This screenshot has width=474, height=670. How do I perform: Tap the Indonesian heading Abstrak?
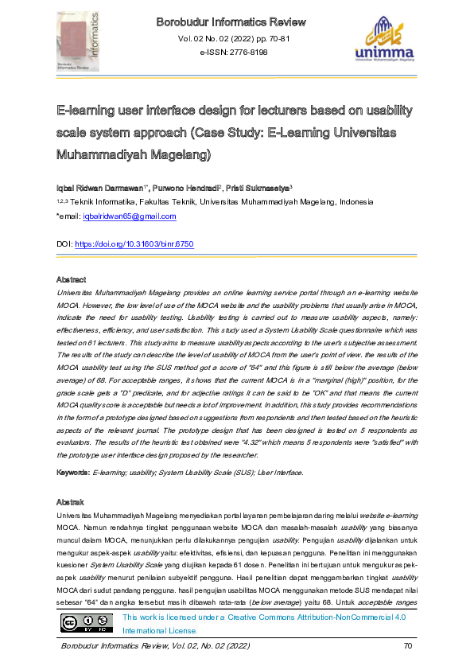tap(70, 502)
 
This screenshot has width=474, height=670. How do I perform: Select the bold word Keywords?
tap(72, 473)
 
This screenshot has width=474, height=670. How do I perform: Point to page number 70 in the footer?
tap(408, 645)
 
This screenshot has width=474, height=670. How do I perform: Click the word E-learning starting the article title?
tap(86, 110)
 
